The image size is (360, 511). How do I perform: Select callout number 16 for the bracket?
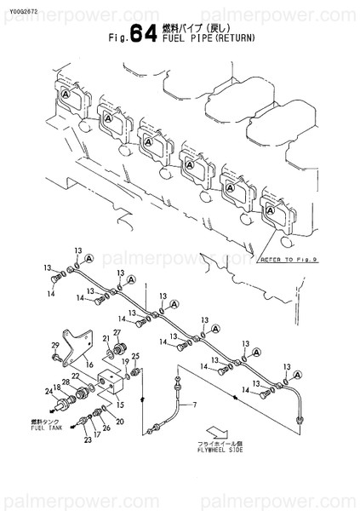pos(88,362)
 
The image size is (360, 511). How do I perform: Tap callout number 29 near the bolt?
pos(55,344)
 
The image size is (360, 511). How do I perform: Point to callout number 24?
pos(49,392)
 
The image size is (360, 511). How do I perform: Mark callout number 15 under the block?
pos(120,405)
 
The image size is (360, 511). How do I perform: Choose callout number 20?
pos(119,422)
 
